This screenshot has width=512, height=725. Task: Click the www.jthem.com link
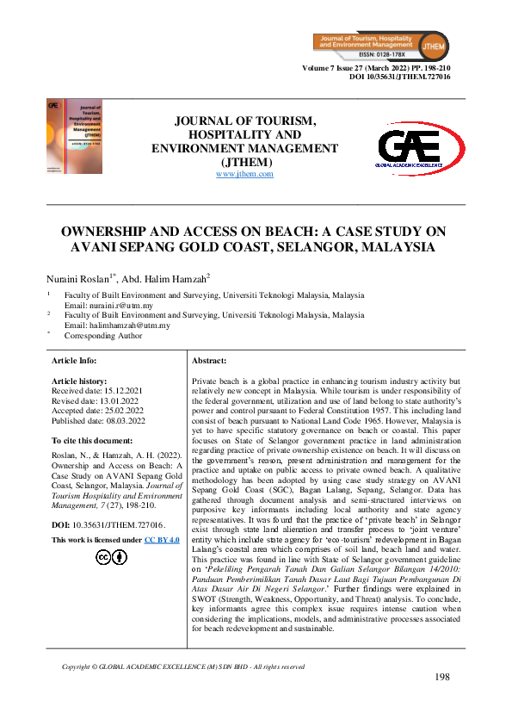244,174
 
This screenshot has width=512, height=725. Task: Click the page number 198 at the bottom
442,678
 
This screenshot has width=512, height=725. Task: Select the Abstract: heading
209,360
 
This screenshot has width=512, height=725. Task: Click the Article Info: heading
75,360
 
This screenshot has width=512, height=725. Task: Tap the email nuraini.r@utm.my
108,306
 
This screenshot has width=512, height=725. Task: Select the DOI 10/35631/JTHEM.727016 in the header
399,77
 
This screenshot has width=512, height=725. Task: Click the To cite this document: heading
97,440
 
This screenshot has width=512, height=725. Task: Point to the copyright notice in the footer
183,666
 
